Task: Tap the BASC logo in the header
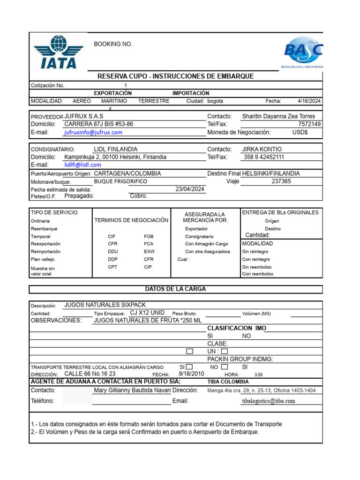303,52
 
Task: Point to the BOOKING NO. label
113,44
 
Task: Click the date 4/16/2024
309,101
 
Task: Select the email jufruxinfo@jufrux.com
93,133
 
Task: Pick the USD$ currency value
300,133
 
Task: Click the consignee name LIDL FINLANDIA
116,149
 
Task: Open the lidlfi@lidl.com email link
82,165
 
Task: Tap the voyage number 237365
281,181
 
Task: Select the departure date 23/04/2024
190,189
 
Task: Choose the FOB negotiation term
149,237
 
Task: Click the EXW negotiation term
149,252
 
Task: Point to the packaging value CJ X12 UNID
147,313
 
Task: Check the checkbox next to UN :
225,351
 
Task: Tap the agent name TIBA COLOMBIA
228,382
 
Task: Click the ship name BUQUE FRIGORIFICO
120,181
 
